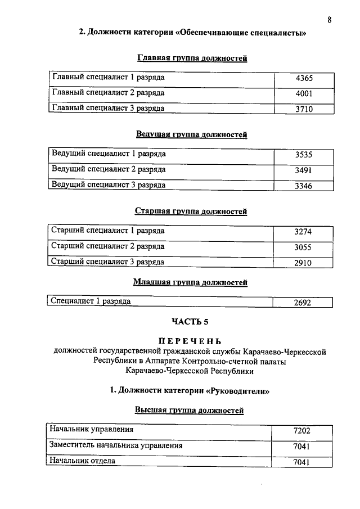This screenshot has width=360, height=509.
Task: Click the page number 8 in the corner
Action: click(x=329, y=20)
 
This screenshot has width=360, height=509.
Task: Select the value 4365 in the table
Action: click(x=304, y=79)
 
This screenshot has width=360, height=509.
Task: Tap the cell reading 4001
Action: click(x=304, y=94)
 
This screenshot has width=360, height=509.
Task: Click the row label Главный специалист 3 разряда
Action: click(x=108, y=109)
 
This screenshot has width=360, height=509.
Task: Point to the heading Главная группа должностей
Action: click(x=192, y=58)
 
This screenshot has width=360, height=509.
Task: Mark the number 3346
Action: click(x=303, y=186)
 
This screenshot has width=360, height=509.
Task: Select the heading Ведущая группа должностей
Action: click(x=191, y=134)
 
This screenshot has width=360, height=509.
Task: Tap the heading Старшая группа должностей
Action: click(x=191, y=211)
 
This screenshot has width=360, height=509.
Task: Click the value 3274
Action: click(x=303, y=232)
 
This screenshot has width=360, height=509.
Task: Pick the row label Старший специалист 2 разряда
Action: click(x=107, y=246)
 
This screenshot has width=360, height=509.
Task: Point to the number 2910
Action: click(x=303, y=263)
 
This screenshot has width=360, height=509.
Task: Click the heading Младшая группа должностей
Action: click(x=190, y=282)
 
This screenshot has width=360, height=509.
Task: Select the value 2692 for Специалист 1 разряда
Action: click(x=302, y=303)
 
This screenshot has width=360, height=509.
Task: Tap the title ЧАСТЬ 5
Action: click(x=190, y=322)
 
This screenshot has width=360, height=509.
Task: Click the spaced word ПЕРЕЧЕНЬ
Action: click(x=190, y=341)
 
